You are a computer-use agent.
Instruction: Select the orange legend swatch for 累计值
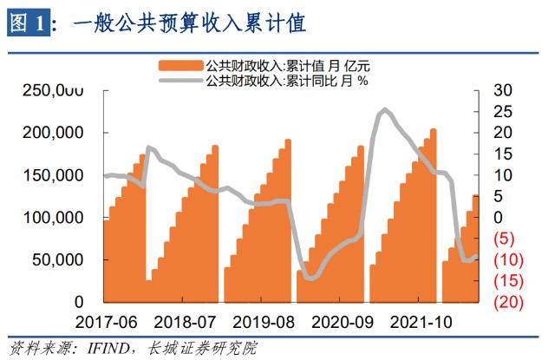point(180,65)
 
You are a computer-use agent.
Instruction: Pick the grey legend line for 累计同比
point(180,81)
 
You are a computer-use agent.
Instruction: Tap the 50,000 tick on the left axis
point(61,259)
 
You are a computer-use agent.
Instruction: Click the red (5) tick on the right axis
point(503,239)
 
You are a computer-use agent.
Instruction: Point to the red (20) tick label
point(506,302)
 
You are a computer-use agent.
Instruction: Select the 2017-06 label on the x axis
point(106,322)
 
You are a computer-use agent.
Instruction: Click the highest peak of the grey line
point(385,109)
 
